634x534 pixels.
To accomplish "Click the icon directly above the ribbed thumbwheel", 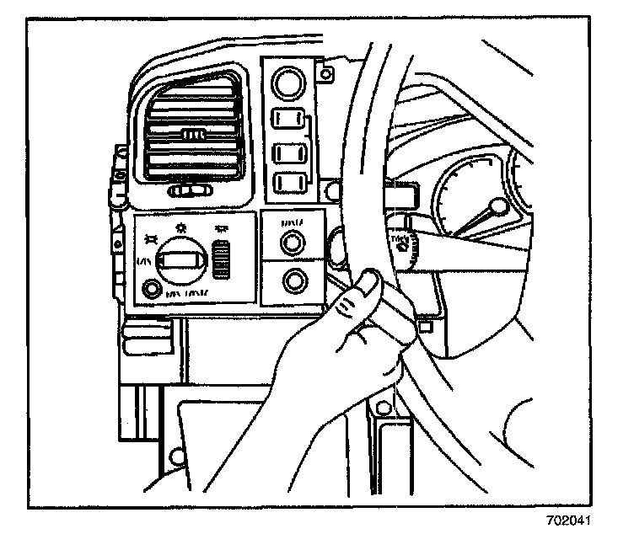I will click(x=223, y=229).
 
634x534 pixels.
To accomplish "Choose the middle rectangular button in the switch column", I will click(x=289, y=153).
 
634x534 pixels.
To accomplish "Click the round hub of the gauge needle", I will click(x=498, y=205).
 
